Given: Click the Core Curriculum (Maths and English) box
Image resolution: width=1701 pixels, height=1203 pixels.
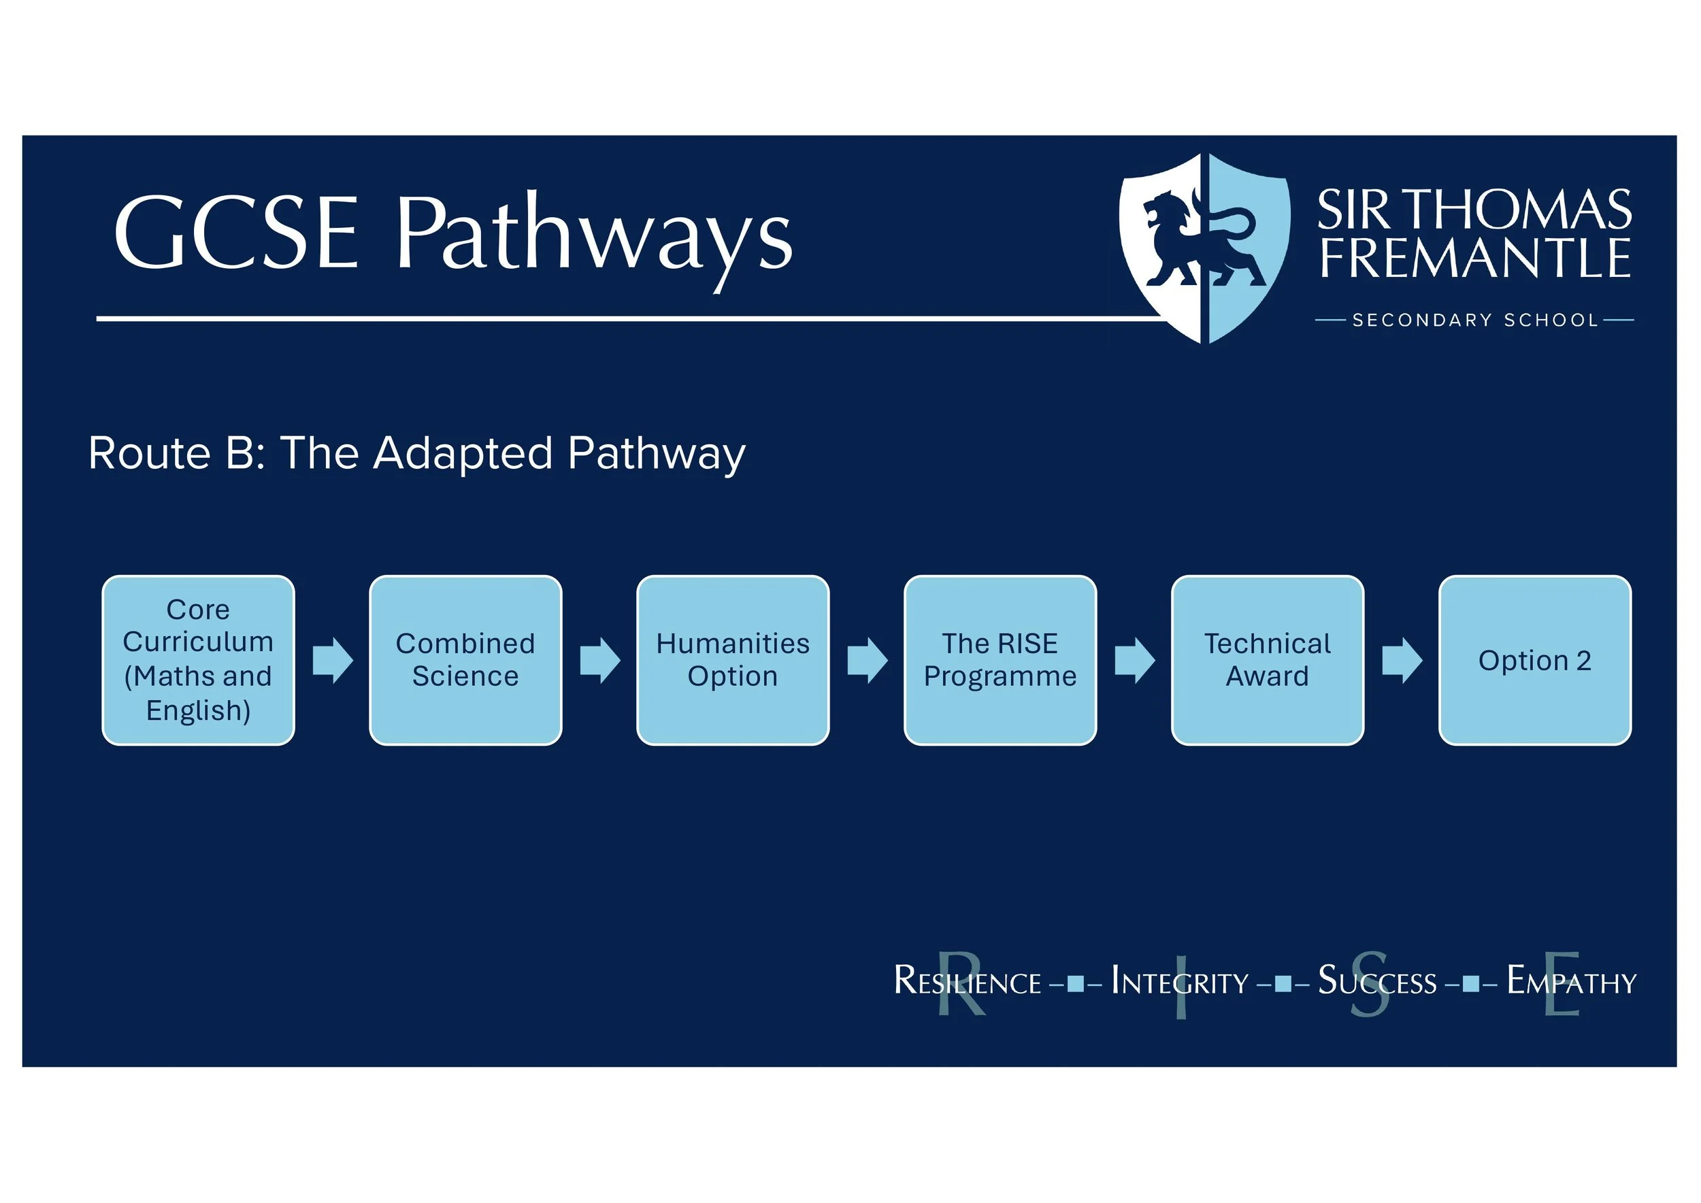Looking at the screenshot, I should (x=198, y=660).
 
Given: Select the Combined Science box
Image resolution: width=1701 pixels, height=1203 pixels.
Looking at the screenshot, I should (x=465, y=660).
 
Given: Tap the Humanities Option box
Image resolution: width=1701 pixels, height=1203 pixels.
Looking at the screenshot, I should (x=733, y=660).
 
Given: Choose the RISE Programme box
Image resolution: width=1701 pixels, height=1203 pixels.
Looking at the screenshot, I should (x=1000, y=660).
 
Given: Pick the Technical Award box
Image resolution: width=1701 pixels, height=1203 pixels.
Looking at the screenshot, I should (x=1268, y=660).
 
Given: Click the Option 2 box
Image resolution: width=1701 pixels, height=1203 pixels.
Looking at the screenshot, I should (x=1535, y=660).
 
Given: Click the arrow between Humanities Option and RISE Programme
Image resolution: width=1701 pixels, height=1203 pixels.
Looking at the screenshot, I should (x=867, y=660).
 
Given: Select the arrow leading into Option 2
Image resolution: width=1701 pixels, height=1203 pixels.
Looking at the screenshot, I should (x=1402, y=660).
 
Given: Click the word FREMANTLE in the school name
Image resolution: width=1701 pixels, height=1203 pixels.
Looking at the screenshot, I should (x=1475, y=259).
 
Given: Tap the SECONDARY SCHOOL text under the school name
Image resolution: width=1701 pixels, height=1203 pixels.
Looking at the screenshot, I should (x=1475, y=320).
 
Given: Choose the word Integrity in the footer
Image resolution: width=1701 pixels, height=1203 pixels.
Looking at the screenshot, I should (x=1179, y=983).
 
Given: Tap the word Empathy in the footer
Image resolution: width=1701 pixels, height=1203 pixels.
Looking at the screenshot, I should (x=1571, y=983).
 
